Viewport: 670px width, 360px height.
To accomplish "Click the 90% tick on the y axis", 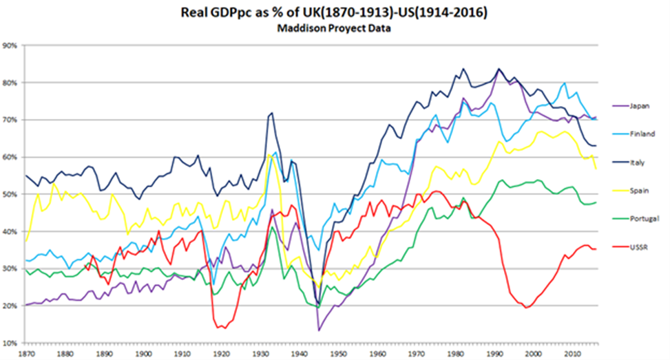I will pyautogui.click(x=11, y=46).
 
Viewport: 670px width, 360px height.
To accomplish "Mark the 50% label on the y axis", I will pyautogui.click(x=11, y=195).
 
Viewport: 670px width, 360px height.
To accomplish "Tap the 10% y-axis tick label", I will pyautogui.click(x=11, y=343).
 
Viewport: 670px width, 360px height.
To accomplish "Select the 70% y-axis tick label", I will pyautogui.click(x=11, y=120).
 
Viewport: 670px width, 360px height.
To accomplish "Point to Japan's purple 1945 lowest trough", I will pyautogui.click(x=319, y=330).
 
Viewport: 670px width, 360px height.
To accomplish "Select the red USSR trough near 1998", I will pyautogui.click(x=527, y=308).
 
